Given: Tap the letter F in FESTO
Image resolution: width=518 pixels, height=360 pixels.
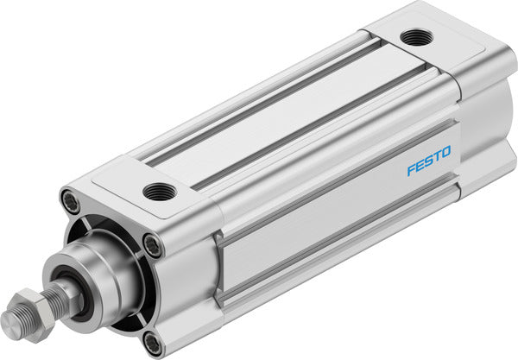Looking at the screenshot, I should coord(411,170).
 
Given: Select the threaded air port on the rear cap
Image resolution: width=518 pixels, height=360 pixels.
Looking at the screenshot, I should coord(417,37).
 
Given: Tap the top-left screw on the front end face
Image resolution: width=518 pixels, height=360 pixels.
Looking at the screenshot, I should coord(72,199).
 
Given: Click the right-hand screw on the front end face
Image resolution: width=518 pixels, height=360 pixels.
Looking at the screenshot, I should coord(153,245).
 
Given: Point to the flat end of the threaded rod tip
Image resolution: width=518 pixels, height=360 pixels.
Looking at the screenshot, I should coord(9,325).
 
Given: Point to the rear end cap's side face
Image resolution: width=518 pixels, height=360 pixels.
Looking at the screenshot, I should coord(483,129).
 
